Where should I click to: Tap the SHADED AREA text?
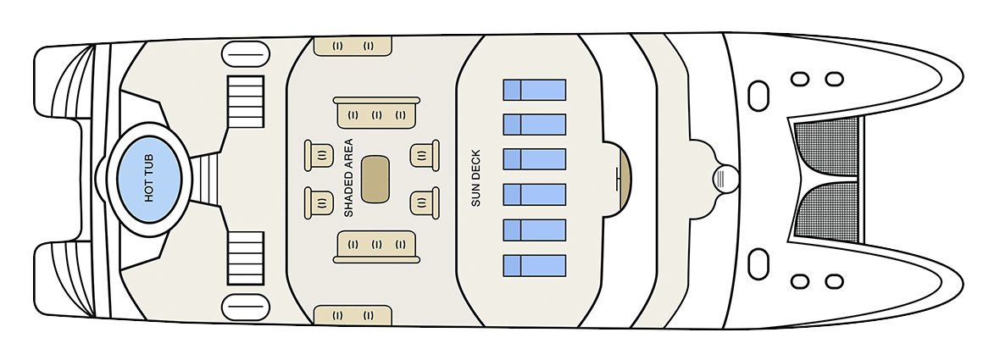tap(348, 179)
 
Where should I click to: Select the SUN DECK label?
tap(475, 178)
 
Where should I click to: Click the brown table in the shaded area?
tap(375, 179)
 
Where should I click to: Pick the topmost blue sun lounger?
tap(535, 90)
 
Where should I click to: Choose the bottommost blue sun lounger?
tap(535, 266)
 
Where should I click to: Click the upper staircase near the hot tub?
tap(246, 102)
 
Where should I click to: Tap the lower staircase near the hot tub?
tap(246, 258)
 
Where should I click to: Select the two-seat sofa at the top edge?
tap(353, 46)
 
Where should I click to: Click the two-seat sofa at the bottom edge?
tap(353, 315)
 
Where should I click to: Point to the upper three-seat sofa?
tap(376, 113)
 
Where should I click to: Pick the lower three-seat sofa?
tap(376, 246)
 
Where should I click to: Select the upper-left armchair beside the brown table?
tap(319, 155)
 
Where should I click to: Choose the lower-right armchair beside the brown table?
tap(425, 202)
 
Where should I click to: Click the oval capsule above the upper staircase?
tap(246, 54)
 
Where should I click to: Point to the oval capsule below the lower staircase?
tap(246, 307)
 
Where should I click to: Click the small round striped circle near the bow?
tap(725, 179)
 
